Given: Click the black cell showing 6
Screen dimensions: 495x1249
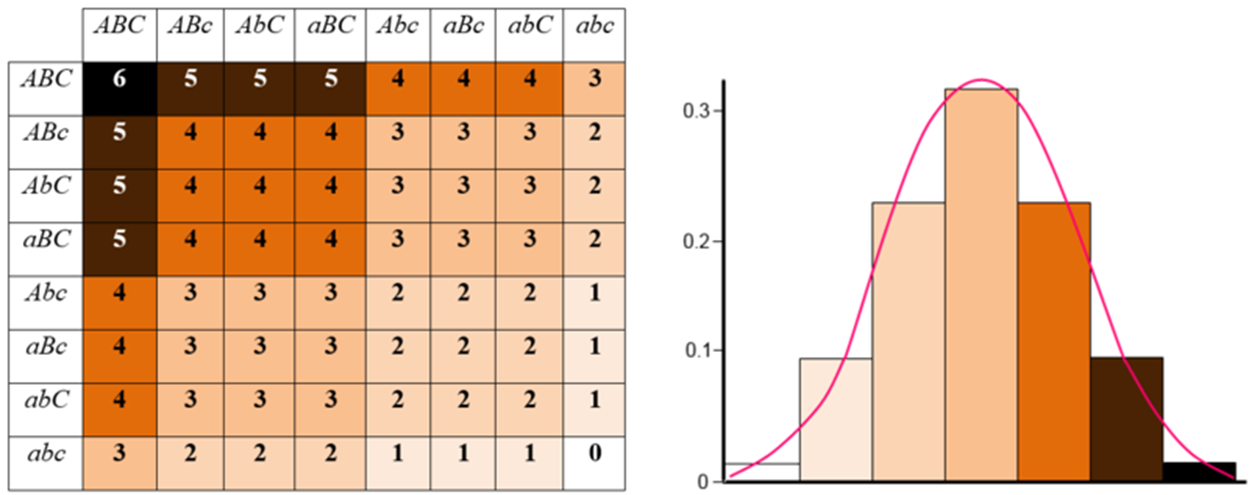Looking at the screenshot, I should tap(119, 87).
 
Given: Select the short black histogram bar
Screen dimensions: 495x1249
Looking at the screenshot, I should tap(1198, 470).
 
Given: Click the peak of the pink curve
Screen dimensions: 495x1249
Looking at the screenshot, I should tap(981, 80).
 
